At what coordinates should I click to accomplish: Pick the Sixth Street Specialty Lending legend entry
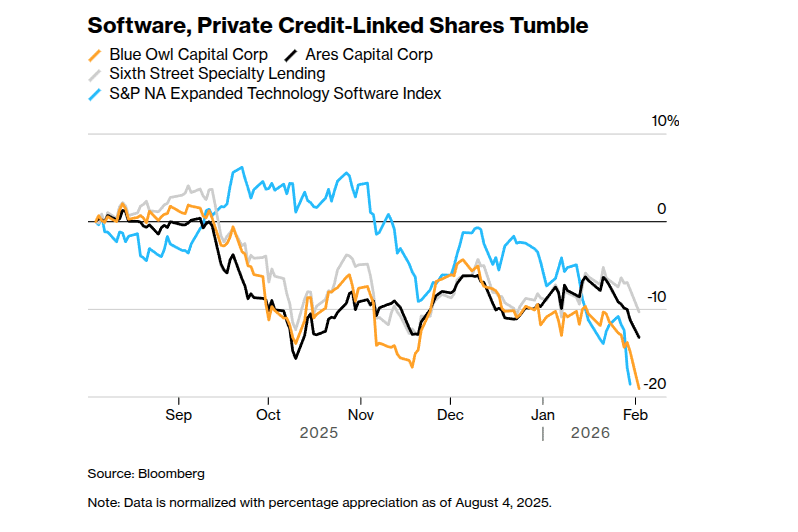(217, 74)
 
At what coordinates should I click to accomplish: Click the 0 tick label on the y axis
(661, 209)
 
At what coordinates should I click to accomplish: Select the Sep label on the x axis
(178, 414)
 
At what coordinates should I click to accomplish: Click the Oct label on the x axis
(268, 414)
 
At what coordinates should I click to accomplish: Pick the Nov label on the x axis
(360, 414)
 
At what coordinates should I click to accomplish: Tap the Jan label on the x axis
(543, 414)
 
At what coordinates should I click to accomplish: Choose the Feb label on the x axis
(634, 414)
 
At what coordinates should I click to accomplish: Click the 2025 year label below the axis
(319, 434)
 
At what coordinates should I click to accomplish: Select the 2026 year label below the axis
(590, 434)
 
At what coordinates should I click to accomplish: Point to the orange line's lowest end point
(638, 389)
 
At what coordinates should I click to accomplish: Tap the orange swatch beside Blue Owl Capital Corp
(95, 55)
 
